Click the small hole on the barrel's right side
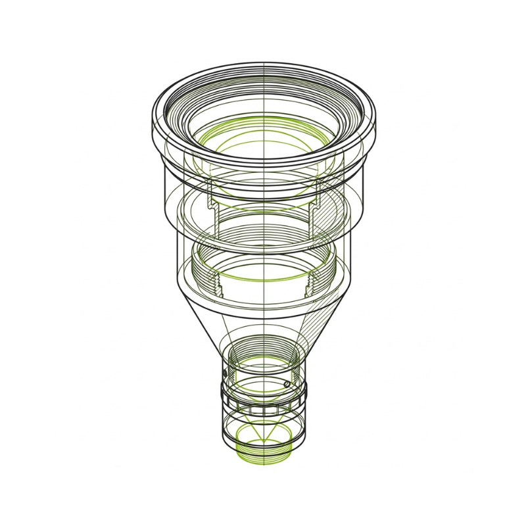[287, 383]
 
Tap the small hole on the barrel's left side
[225, 373]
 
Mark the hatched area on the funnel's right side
[314, 329]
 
